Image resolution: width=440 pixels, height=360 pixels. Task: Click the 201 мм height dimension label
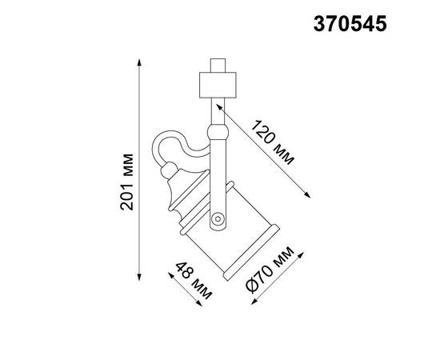126,182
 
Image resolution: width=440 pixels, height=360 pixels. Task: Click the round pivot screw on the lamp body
217,217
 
